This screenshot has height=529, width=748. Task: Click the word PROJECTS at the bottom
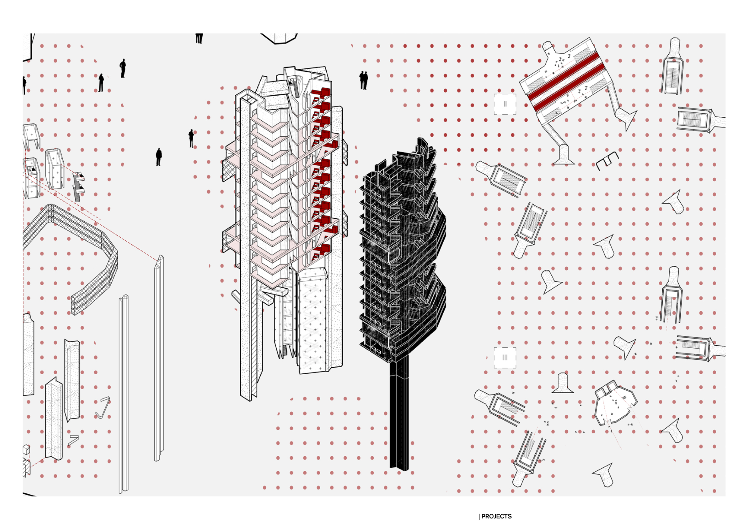496,516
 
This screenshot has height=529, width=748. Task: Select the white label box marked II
505,104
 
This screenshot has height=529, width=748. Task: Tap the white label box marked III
505,358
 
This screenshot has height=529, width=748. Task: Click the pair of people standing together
363,80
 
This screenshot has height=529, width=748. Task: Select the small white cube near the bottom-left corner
26,450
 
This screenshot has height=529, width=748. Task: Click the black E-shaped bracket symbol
607,160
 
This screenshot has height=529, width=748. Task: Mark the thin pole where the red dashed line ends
159,358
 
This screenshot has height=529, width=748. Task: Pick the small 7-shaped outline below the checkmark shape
73,440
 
